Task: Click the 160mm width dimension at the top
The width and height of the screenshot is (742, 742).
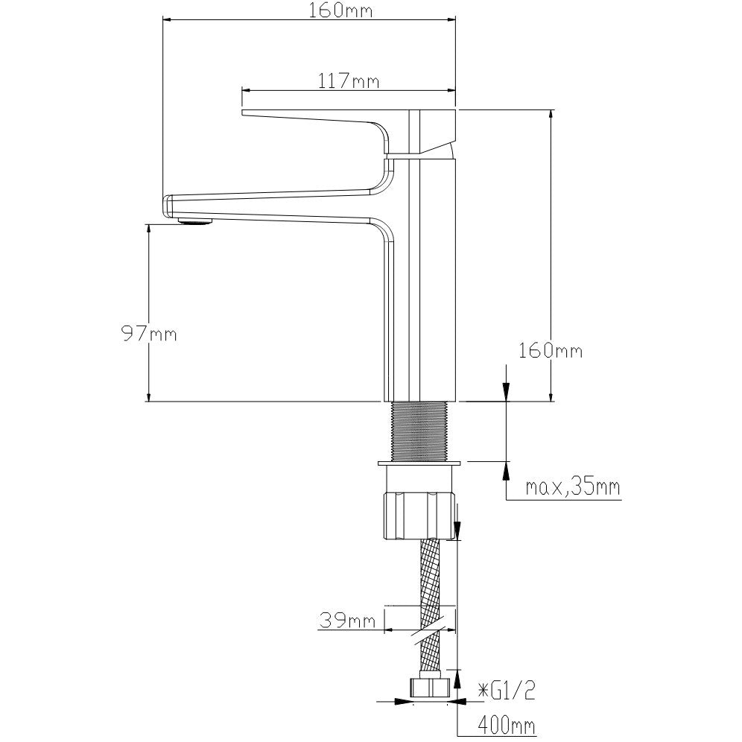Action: point(340,10)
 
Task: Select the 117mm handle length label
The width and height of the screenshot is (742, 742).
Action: point(349,81)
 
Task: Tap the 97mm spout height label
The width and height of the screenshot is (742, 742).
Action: point(149,334)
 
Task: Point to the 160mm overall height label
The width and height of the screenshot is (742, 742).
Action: point(551,351)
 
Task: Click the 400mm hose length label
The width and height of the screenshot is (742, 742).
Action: point(507,724)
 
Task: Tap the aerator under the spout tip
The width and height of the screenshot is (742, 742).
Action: point(194,221)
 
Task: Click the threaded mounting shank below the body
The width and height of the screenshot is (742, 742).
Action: point(419,431)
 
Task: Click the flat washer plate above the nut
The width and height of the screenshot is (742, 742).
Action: point(419,463)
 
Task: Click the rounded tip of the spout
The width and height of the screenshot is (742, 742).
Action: point(167,206)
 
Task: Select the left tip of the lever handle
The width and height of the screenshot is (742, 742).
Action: point(243,112)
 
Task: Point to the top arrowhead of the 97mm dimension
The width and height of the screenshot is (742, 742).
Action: point(148,232)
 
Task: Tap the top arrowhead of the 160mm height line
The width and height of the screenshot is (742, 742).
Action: point(551,118)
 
